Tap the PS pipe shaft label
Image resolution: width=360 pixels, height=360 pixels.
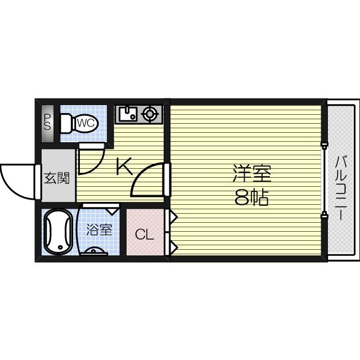pyautogui.click(x=48, y=122)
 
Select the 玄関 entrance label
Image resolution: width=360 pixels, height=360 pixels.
pyautogui.click(x=57, y=179)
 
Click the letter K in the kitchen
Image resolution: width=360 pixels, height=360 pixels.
pyautogui.click(x=124, y=166)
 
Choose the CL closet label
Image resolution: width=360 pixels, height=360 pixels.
pyautogui.click(x=144, y=234)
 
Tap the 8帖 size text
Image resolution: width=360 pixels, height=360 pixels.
pyautogui.click(x=251, y=198)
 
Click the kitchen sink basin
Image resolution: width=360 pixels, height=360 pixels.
pyautogui.click(x=127, y=114)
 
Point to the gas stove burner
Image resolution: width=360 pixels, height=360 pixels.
pyautogui.click(x=150, y=114)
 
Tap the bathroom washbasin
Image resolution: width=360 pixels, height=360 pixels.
pyautogui.click(x=95, y=251)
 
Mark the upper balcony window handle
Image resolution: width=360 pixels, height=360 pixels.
pyautogui.click(x=325, y=146)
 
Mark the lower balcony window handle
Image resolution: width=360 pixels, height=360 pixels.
pyautogui.click(x=325, y=214)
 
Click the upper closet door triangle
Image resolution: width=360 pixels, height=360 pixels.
pyautogui.click(x=173, y=215)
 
